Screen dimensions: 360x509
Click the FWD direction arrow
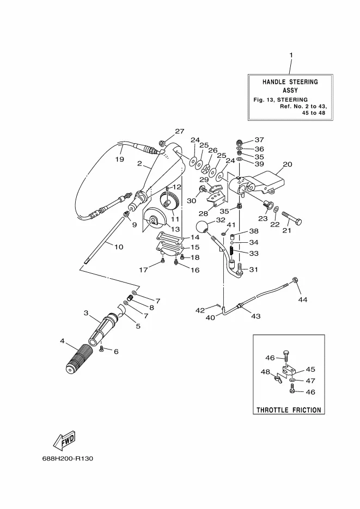64,440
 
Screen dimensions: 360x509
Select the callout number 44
303,299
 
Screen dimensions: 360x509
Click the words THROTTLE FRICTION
289,410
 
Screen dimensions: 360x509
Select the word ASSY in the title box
290,90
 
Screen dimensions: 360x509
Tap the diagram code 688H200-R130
68,458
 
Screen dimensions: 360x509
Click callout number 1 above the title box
291,55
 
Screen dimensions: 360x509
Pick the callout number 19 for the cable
120,160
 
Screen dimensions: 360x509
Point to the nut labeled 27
162,142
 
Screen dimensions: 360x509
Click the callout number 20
288,164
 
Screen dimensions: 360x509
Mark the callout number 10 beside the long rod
119,247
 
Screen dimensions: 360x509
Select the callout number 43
256,316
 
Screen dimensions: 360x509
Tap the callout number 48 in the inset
265,372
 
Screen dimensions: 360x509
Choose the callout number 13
175,229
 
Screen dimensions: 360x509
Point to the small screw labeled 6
101,348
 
